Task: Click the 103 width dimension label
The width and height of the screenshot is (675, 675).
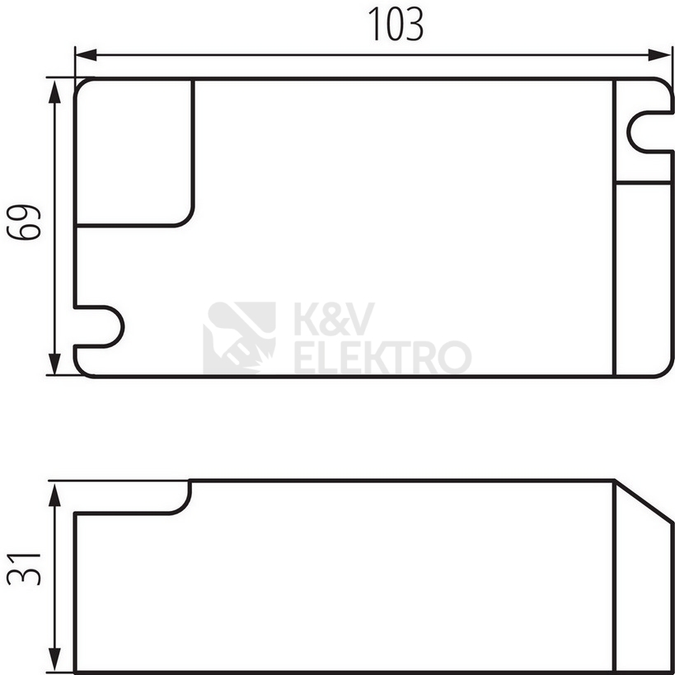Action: pyautogui.click(x=396, y=25)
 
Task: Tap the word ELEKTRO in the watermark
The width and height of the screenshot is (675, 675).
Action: pyautogui.click(x=382, y=358)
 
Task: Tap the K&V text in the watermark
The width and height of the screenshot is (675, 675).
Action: pyautogui.click(x=334, y=318)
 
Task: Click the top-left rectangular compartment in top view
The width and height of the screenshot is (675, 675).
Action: pyautogui.click(x=134, y=152)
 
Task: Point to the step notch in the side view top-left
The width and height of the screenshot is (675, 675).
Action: pyautogui.click(x=185, y=499)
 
